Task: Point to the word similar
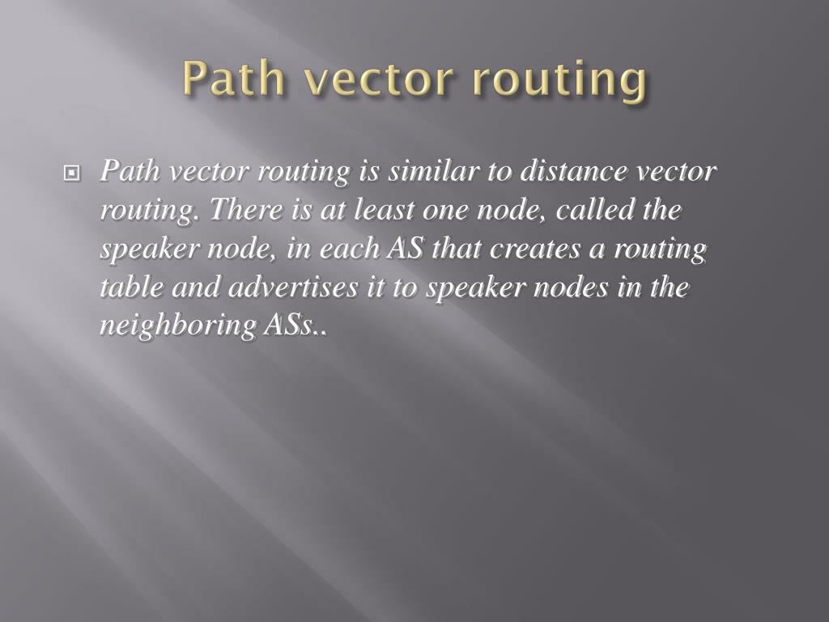tap(434, 172)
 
